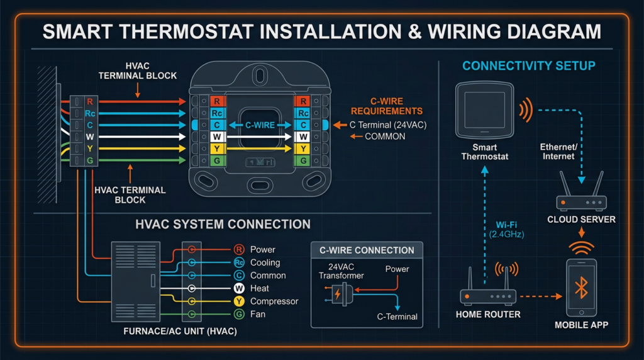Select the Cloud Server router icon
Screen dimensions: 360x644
pyautogui.click(x=581, y=202)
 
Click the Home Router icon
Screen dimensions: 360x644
pyautogui.click(x=488, y=296)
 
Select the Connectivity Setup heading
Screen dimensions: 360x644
pyautogui.click(x=528, y=66)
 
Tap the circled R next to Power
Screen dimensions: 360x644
pyautogui.click(x=239, y=250)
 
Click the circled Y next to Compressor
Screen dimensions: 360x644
pyautogui.click(x=239, y=301)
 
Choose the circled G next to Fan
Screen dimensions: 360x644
pyautogui.click(x=239, y=314)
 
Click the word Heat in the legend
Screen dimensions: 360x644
pyautogui.click(x=260, y=288)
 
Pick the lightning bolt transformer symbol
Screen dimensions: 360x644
pyautogui.click(x=337, y=294)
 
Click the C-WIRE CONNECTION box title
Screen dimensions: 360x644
pyautogui.click(x=367, y=250)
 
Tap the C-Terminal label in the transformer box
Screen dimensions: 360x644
pyautogui.click(x=397, y=317)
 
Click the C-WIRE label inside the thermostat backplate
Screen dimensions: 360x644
pyautogui.click(x=260, y=125)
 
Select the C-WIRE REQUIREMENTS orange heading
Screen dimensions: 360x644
pyautogui.click(x=386, y=107)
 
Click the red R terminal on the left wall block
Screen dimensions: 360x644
pyautogui.click(x=90, y=101)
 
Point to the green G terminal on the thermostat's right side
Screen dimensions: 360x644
pyautogui.click(x=303, y=160)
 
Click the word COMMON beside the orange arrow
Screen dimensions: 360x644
pyautogui.click(x=385, y=136)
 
